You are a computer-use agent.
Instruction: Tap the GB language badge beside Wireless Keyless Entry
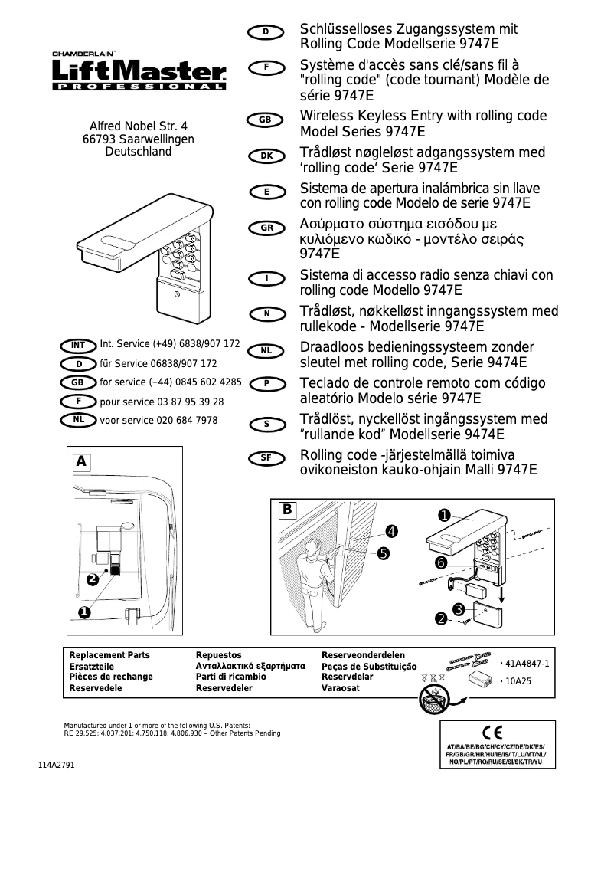pos(265,120)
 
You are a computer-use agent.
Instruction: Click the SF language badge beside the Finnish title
pos(266,457)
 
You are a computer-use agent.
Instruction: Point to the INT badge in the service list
pos(78,346)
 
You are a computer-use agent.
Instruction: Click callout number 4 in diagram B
pos(391,530)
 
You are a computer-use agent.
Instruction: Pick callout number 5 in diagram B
pos(383,552)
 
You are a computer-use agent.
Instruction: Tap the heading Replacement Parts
pos(109,656)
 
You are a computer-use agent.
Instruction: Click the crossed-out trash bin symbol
pos(433,697)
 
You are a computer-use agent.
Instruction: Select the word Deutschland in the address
pos(139,152)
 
